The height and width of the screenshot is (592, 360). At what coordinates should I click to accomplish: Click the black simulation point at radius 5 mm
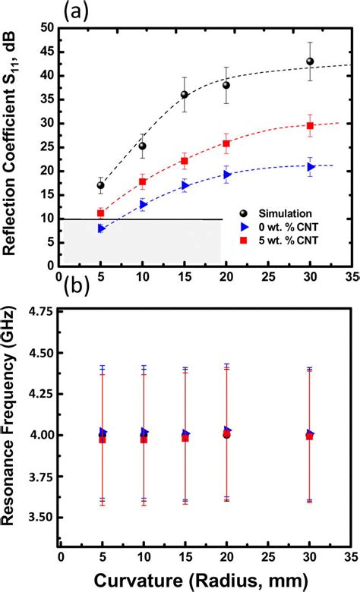pos(100,185)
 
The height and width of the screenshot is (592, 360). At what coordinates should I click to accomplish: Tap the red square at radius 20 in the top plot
pos(226,143)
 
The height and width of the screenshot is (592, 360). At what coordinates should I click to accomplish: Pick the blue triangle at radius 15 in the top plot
pos(184,184)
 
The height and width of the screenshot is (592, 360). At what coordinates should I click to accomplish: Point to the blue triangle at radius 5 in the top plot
pos(101,228)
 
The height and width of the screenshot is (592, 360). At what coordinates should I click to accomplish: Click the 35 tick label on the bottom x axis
pos(351,557)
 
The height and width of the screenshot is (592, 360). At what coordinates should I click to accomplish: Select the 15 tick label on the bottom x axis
pos(185,557)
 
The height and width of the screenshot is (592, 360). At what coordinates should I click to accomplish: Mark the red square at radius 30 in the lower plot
pos(309,436)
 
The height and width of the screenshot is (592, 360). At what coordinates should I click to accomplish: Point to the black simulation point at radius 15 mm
pos(184,95)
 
